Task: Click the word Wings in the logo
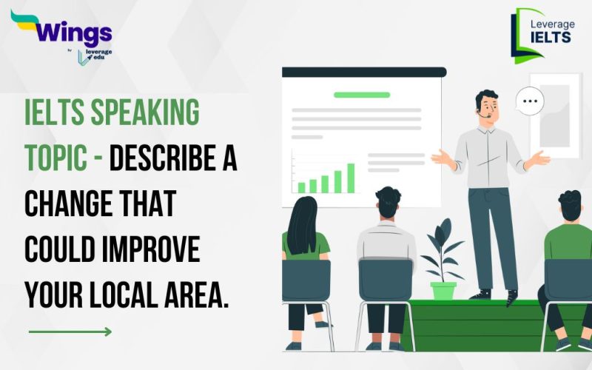click(x=72, y=33)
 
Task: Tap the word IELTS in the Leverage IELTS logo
click(x=551, y=37)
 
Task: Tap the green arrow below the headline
click(x=70, y=332)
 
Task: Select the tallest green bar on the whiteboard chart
click(x=350, y=178)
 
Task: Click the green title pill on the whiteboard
click(x=361, y=95)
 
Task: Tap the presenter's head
click(x=486, y=105)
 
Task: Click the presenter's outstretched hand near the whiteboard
click(x=442, y=156)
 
